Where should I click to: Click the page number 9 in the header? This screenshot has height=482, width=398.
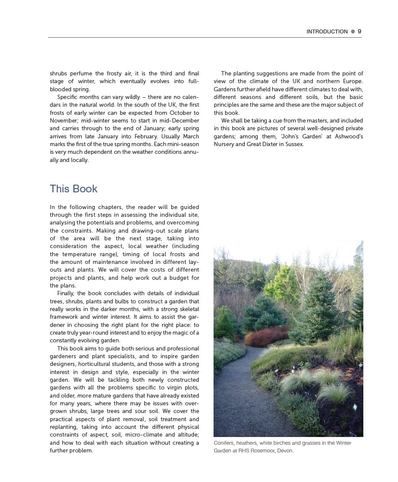click(359, 31)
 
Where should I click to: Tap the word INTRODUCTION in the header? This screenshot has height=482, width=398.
click(327, 32)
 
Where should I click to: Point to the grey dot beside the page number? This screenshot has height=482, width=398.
click(353, 31)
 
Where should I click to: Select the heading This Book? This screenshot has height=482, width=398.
click(74, 189)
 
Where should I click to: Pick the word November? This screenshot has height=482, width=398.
click(64, 121)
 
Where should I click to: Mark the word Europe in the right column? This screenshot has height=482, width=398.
click(352, 81)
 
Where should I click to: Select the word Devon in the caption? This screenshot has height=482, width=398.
click(285, 451)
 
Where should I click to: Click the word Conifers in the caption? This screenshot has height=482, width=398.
click(224, 443)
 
